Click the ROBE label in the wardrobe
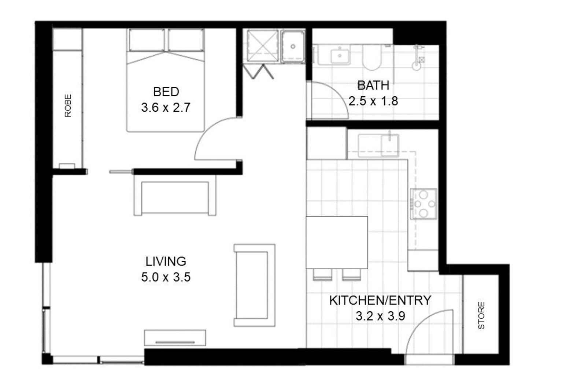[68, 105]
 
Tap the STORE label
[481, 315]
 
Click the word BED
[166, 92]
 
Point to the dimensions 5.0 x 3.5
[166, 277]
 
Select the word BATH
[373, 85]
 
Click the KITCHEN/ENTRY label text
[380, 300]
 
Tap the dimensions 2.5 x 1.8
[373, 101]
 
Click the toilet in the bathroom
[371, 58]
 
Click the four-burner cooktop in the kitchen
[424, 204]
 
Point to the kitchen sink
[378, 146]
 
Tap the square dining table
[337, 242]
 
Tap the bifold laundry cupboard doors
[258, 71]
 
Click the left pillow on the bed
[147, 40]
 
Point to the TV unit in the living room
[175, 338]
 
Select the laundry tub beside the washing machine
[293, 47]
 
